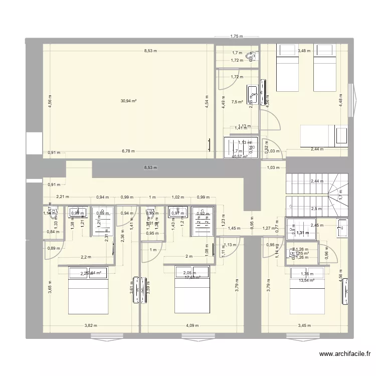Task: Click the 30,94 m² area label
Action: (129, 101)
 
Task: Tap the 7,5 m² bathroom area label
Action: (237, 102)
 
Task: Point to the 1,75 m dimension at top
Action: (236, 36)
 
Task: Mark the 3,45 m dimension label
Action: (304, 326)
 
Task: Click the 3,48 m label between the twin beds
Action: (304, 51)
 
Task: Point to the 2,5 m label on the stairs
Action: (316, 209)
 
